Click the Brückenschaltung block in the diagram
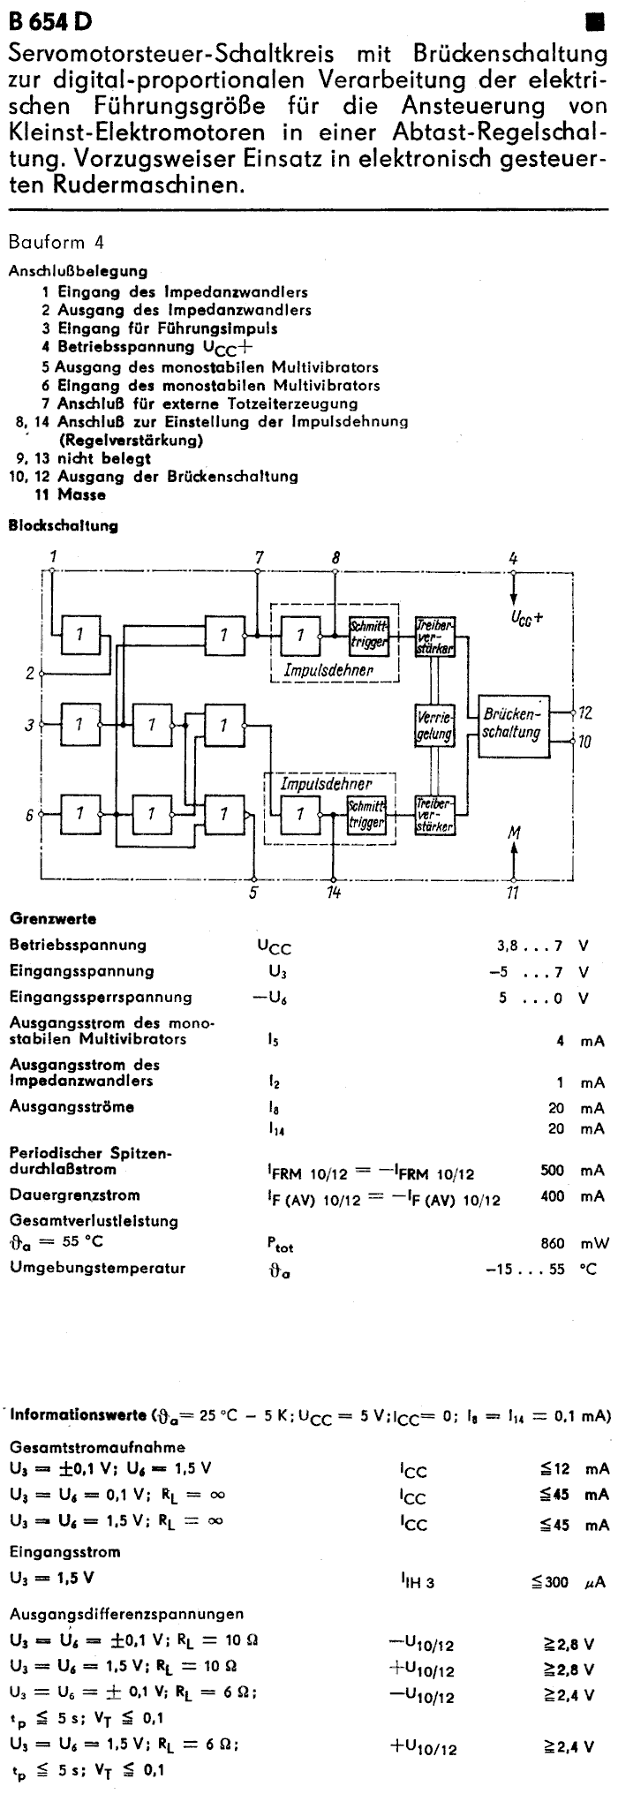tap(512, 723)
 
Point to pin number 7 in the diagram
tap(258, 557)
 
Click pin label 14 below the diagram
tap(333, 893)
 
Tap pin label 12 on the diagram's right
tap(585, 712)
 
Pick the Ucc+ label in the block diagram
tap(526, 617)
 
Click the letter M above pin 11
tap(514, 832)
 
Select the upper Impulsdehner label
tap(328, 671)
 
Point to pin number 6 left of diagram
tap(29, 815)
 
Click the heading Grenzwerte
tap(53, 919)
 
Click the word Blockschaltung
tap(64, 526)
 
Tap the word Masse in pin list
tap(82, 494)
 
